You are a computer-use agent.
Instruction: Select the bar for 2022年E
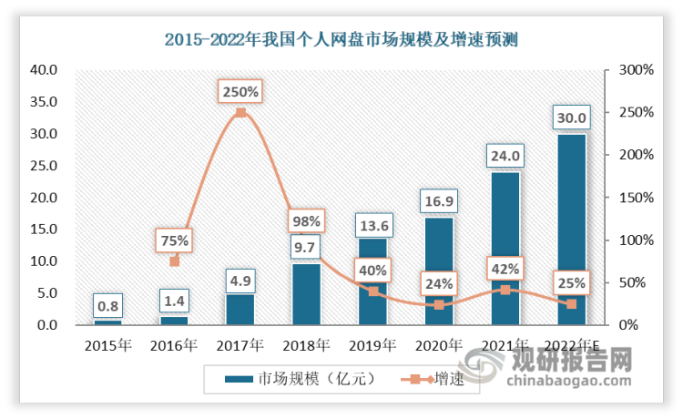(571, 228)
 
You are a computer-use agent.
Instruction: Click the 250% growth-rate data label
(240, 92)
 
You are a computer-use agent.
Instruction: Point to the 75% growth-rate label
(175, 240)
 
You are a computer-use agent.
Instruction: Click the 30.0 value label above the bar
(571, 117)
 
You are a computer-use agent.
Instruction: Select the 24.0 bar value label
(505, 156)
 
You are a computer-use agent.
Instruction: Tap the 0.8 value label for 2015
(107, 305)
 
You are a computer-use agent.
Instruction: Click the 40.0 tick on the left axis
(45, 70)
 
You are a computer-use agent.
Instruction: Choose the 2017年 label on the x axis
(240, 345)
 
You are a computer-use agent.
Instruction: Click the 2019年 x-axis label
(372, 345)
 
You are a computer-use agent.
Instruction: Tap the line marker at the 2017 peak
(240, 113)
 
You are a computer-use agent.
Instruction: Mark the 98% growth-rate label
(306, 220)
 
